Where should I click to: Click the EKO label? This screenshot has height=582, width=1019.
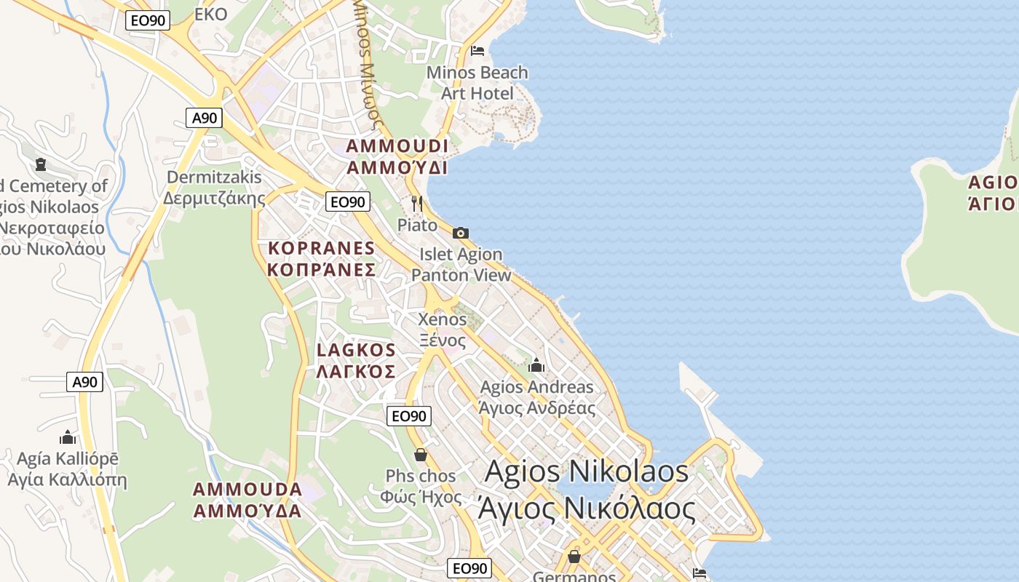[x=211, y=14]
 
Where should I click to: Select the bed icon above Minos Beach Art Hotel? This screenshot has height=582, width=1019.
[x=477, y=50]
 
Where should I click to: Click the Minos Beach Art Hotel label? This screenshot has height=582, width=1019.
[x=477, y=83]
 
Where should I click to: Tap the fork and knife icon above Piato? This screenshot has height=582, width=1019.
[x=417, y=203]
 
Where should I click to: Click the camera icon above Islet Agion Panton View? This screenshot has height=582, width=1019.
[x=461, y=233]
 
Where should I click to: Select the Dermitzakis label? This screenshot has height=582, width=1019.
[x=214, y=188]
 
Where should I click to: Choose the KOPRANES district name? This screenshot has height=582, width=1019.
[x=321, y=258]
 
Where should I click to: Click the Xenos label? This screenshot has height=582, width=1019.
[x=443, y=329]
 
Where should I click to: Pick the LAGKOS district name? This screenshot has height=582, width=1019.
[x=356, y=361]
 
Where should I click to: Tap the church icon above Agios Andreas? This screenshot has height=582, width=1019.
[x=536, y=365]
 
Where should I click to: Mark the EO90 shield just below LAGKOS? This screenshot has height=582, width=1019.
[x=408, y=416]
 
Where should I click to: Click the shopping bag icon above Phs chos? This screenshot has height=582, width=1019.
[x=421, y=455]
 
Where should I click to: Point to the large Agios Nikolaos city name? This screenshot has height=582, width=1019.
[x=587, y=489]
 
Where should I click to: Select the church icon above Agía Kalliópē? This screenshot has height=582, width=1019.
[x=68, y=437]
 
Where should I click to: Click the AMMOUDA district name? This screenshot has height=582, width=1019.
[x=247, y=499]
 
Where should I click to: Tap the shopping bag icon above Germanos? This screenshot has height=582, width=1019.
[x=574, y=557]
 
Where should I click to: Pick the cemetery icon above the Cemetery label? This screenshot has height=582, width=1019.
[x=40, y=164]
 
